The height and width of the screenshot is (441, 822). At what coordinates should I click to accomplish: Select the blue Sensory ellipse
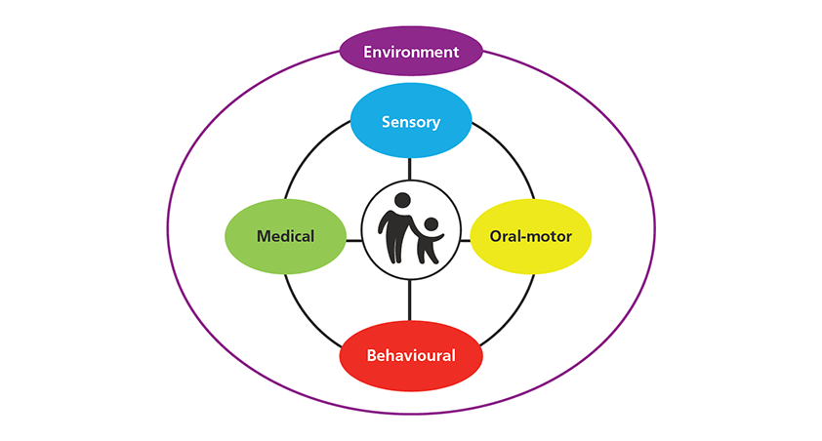coord(411,122)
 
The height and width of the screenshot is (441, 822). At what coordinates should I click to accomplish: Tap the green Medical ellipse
coord(285,236)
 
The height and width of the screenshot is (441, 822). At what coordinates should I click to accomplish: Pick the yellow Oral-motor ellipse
coord(530,236)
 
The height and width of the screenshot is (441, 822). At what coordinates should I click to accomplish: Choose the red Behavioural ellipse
coord(411,354)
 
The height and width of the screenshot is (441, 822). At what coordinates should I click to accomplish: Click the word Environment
coord(411,51)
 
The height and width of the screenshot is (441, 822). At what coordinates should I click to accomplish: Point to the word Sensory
coord(411,122)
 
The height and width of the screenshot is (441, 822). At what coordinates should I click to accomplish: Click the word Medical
coord(285,236)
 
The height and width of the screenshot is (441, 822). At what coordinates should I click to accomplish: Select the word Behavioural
coord(411,355)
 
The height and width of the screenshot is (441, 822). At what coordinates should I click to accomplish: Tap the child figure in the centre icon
coord(429,244)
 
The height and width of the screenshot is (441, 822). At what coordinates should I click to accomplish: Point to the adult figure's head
coord(399,200)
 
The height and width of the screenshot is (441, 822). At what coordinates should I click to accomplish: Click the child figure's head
coord(431,223)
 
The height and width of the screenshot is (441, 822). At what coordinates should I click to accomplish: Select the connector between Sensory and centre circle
coord(410,168)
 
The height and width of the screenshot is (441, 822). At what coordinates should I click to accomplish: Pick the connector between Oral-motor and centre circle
coord(465,237)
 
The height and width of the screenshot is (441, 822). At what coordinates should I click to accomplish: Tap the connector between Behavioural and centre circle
coord(410,301)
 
